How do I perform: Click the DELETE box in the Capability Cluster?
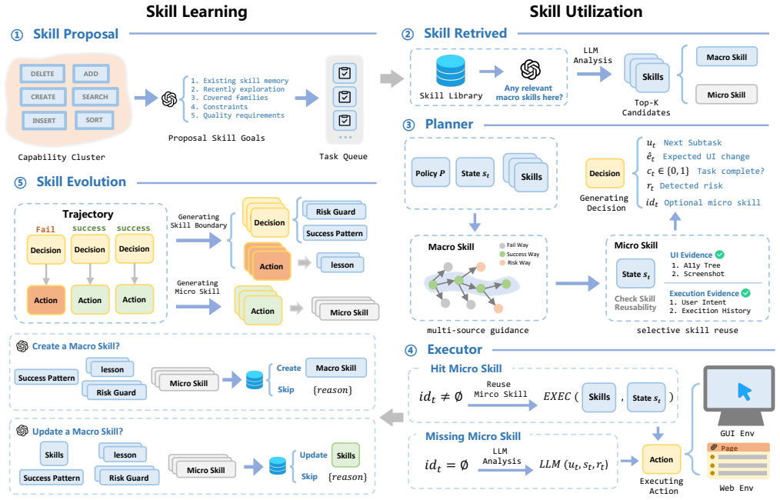[43, 74]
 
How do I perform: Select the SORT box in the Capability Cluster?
[94, 120]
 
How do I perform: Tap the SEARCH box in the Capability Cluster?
[95, 97]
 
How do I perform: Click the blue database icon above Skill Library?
[450, 71]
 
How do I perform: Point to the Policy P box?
[431, 172]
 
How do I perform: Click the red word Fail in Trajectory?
[45, 229]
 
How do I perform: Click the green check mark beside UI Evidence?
[719, 255]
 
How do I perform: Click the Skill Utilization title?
[585, 12]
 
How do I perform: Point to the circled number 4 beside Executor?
[411, 351]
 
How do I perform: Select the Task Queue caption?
[343, 157]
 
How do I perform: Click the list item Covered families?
[229, 98]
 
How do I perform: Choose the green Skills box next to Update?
[345, 455]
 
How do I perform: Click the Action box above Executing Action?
[661, 460]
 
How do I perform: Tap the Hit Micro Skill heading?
[466, 368]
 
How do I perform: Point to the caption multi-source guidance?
[478, 330]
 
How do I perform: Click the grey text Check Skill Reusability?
[635, 303]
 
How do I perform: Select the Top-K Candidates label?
[645, 108]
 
